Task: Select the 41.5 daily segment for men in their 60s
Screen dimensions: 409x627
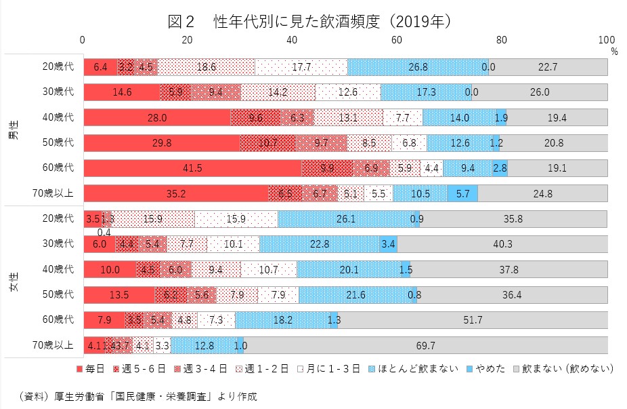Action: click(192, 168)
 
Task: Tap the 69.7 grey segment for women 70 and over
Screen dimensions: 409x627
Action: click(425, 345)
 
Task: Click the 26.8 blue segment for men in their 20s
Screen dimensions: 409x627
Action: click(417, 67)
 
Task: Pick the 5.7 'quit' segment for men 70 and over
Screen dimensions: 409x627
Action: click(462, 193)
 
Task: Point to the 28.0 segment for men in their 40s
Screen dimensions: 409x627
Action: click(157, 117)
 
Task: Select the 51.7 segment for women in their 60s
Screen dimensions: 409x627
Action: click(473, 319)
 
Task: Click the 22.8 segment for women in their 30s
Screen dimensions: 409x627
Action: click(319, 244)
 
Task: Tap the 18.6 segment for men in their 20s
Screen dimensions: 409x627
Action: click(206, 67)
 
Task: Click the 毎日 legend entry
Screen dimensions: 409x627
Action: click(89, 368)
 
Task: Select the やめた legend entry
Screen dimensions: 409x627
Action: click(486, 368)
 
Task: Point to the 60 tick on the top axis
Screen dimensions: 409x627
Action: click(397, 39)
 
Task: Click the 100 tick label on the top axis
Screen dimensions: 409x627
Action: click(607, 39)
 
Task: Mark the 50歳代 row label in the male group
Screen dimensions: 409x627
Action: click(57, 143)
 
